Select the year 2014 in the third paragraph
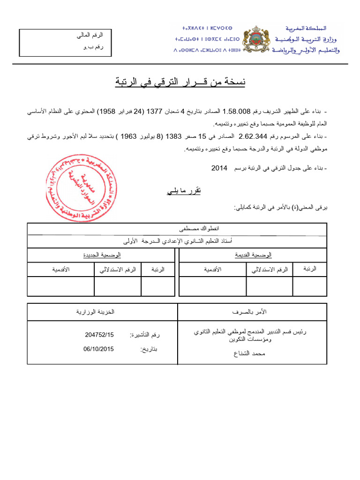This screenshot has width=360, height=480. click(x=219, y=167)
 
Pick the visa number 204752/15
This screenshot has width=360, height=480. click(x=99, y=335)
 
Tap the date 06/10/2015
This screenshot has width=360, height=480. click(x=99, y=349)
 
